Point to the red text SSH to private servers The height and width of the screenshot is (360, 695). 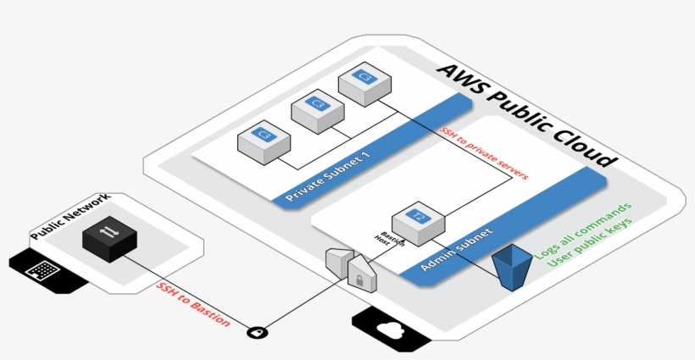point(485,153)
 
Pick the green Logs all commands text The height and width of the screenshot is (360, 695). point(582,230)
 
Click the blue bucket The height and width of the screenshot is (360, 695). point(511,266)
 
